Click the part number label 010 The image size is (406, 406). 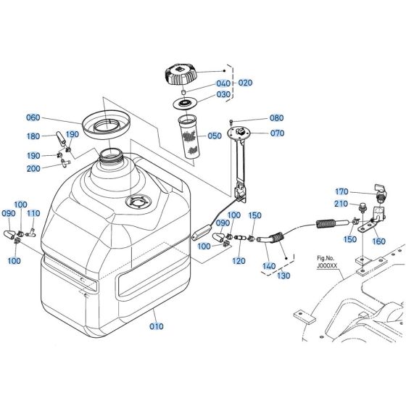(x=156, y=327)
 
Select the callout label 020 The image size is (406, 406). (x=246, y=83)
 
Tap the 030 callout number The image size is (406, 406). (x=223, y=94)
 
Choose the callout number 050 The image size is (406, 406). (x=215, y=136)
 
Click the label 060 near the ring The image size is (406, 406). (x=54, y=118)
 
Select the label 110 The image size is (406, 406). (x=33, y=214)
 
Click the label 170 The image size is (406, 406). (x=341, y=191)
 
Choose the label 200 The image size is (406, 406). (x=54, y=168)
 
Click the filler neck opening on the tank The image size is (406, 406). (x=112, y=154)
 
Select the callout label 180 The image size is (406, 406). (x=54, y=136)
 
